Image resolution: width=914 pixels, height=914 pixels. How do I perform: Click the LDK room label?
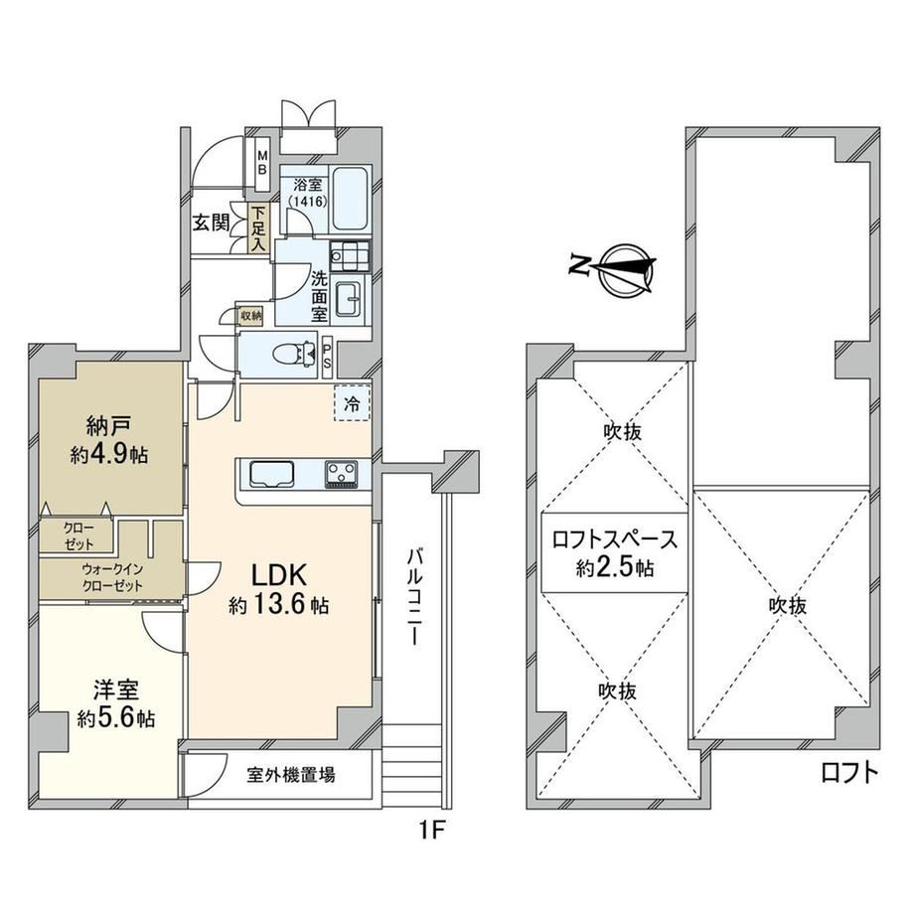coord(278,576)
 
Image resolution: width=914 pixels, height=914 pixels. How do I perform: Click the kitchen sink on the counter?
coord(271,473)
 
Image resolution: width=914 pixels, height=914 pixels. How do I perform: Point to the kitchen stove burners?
coord(342,473)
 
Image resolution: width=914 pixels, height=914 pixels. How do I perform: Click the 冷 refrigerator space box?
coord(352,402)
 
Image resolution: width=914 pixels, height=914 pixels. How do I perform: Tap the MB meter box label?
coord(262,163)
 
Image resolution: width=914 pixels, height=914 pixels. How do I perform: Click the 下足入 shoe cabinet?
coord(257,228)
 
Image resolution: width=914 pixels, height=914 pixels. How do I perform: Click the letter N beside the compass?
coord(579,265)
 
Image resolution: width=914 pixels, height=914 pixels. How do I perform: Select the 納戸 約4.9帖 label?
coord(109,440)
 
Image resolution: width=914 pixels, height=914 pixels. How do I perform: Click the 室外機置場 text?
coord(291,775)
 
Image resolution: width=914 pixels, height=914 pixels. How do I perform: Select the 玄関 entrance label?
coord(211,223)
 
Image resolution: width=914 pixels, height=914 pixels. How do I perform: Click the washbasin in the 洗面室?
coord(350,300)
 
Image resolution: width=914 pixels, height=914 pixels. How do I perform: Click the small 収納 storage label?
coord(251,317)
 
